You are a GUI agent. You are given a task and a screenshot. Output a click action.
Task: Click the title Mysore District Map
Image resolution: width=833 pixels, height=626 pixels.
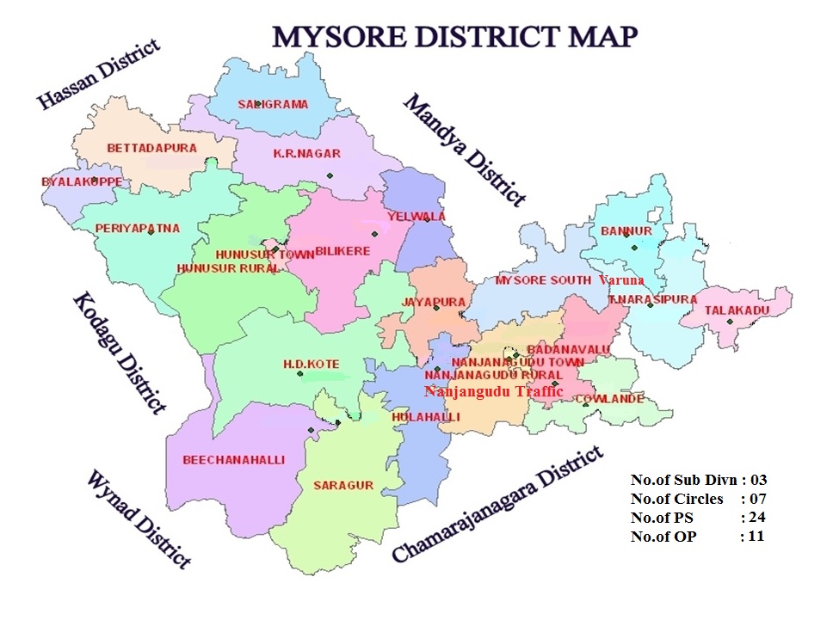coord(455,36)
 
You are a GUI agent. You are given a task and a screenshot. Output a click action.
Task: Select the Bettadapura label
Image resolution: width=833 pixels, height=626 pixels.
coord(151,148)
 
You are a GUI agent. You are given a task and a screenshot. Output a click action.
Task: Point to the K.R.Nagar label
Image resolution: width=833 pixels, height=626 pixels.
coord(306,154)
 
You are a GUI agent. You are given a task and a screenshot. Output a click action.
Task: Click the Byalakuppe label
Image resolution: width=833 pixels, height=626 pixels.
coord(82,182)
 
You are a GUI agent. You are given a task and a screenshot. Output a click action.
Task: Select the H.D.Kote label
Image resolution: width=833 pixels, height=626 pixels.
coord(312,365)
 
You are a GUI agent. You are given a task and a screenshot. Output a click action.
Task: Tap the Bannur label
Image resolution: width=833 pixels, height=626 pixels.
coord(626,231)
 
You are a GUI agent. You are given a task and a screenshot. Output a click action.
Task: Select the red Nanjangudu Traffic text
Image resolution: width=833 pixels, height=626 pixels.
coord(493,391)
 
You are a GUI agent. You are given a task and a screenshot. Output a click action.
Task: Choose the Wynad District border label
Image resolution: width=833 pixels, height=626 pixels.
coord(138,519)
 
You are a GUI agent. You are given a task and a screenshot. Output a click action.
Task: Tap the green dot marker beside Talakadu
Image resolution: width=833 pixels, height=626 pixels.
coord(729,322)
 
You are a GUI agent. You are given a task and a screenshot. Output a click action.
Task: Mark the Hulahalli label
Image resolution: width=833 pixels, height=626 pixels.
coord(425,417)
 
